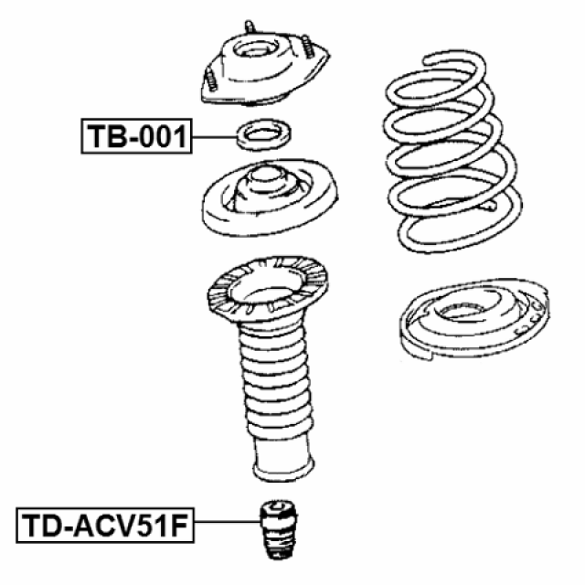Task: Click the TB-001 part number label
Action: click(x=134, y=137)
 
